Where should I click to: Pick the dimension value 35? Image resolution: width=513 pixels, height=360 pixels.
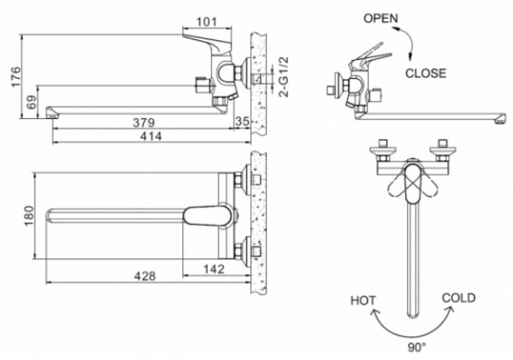(x=241, y=121)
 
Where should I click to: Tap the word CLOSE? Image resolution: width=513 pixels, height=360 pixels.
(x=425, y=74)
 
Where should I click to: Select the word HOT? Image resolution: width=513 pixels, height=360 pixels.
(x=364, y=300)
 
